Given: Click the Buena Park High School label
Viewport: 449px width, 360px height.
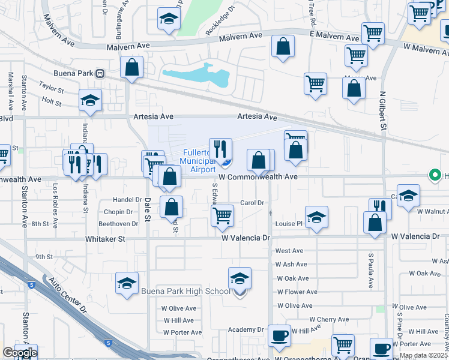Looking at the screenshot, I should pyautogui.click(x=185, y=292).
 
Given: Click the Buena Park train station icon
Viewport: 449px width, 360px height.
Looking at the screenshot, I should pyautogui.click(x=100, y=73).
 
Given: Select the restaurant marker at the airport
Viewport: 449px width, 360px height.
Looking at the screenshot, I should pyautogui.click(x=220, y=149).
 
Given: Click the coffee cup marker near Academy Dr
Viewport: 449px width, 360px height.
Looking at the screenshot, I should pyautogui.click(x=279, y=336).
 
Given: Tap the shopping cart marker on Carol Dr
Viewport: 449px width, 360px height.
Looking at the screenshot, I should pyautogui.click(x=223, y=215).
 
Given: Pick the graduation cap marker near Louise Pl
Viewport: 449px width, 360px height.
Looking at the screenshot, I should pyautogui.click(x=316, y=217).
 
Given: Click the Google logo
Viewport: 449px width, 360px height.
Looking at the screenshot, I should pyautogui.click(x=20, y=353).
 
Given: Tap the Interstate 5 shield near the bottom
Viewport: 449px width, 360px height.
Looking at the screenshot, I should pyautogui.click(x=107, y=343).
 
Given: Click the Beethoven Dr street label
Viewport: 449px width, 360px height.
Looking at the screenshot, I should pyautogui.click(x=118, y=224).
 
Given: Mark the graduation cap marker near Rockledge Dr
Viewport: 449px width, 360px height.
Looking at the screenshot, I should pyautogui.click(x=169, y=20).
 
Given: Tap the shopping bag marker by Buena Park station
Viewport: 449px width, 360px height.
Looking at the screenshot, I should pyautogui.click(x=131, y=68).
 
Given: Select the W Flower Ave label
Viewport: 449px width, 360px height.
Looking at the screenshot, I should pyautogui.click(x=292, y=292).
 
